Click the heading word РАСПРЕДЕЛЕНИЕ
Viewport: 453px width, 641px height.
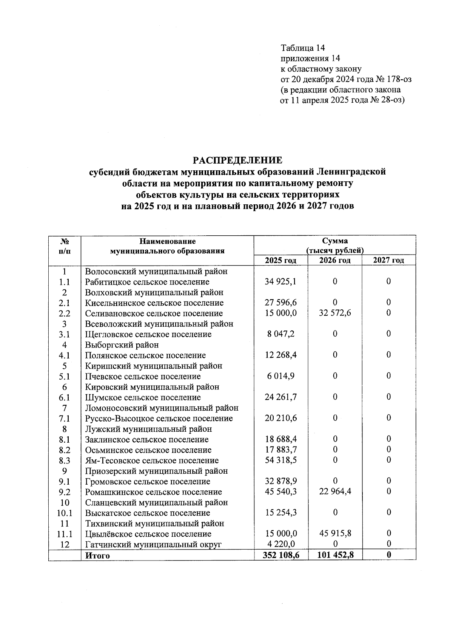237,160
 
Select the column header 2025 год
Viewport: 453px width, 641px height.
280,260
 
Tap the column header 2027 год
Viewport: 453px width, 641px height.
388,260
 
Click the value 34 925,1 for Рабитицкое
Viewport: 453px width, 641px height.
280,282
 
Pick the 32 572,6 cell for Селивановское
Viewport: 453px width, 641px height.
334,314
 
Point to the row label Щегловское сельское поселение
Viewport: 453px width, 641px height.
148,334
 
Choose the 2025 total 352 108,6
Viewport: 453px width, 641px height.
280,555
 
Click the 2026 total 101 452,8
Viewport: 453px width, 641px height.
334,555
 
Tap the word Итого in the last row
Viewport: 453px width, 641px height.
97,556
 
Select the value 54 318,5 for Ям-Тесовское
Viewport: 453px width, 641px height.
280,460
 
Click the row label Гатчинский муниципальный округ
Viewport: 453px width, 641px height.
153,545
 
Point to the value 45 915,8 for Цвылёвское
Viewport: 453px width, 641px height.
334,534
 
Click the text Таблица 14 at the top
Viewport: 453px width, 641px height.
303,48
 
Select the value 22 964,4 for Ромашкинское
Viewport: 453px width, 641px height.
334,492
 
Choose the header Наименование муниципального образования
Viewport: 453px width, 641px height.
167,246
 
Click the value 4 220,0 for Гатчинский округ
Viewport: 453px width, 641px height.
280,544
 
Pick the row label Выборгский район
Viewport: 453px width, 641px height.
122,345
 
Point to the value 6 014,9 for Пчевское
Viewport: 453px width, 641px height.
280,376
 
